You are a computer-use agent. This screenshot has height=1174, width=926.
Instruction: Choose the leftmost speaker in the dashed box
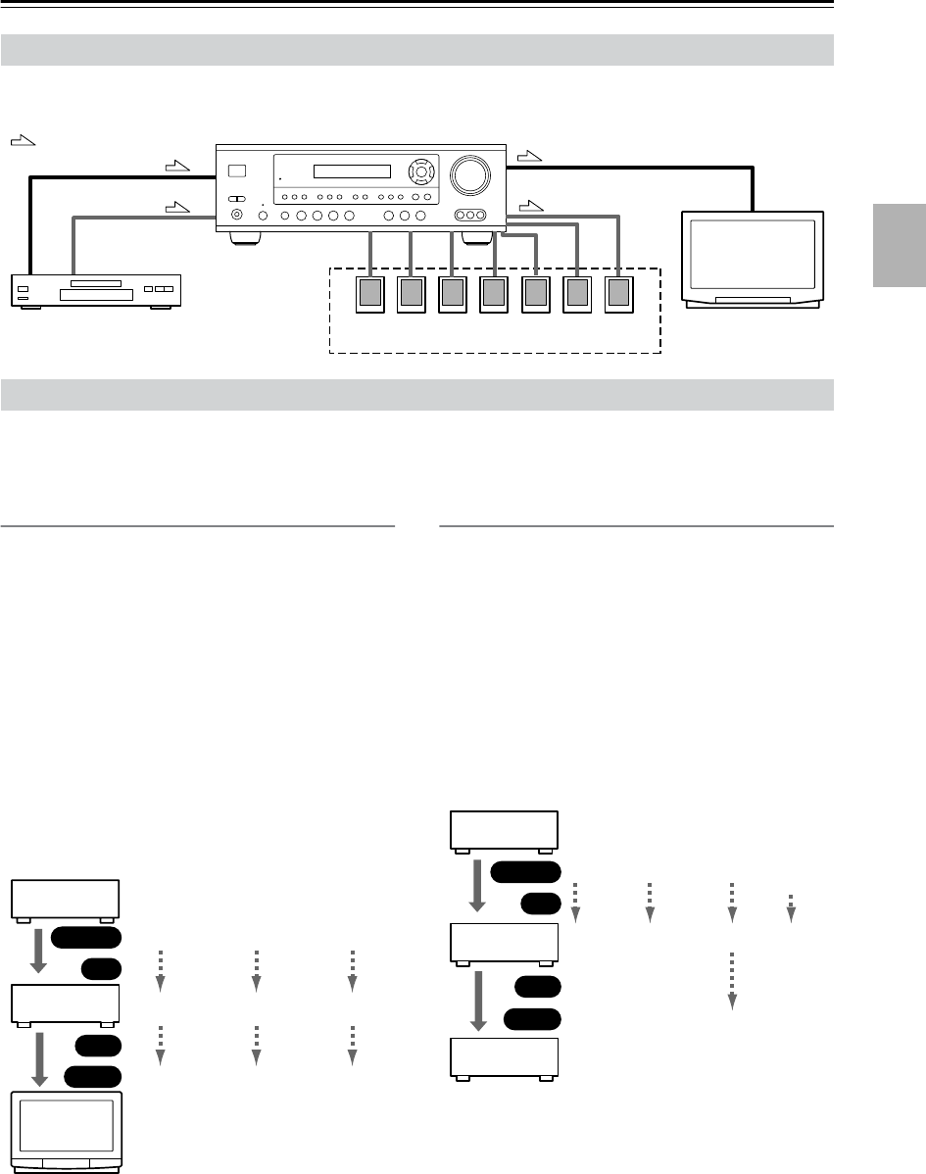(x=370, y=295)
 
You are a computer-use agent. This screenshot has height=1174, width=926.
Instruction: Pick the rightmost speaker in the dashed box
(x=619, y=295)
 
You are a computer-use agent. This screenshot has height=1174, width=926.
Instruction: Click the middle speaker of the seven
(x=495, y=295)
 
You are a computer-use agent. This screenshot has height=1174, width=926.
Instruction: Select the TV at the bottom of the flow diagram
(x=68, y=1130)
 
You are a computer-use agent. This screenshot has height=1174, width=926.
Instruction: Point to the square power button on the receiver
(x=236, y=173)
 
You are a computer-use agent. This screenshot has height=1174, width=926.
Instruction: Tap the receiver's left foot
(x=245, y=237)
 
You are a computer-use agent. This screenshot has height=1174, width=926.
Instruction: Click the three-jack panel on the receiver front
(x=471, y=216)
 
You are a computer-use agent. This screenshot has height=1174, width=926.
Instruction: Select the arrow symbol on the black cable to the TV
(x=529, y=155)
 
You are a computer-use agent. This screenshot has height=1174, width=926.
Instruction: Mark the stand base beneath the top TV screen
(x=753, y=300)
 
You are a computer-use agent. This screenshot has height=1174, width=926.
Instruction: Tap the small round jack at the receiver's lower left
(x=236, y=216)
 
